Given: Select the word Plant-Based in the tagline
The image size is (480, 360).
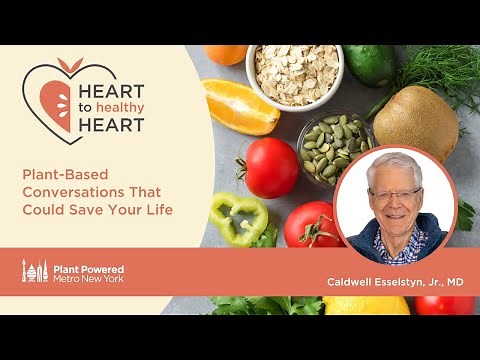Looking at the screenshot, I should pos(57,173).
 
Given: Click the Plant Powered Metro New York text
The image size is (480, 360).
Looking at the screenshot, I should pos(89,270).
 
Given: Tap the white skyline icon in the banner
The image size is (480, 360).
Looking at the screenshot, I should pos(35,270).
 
